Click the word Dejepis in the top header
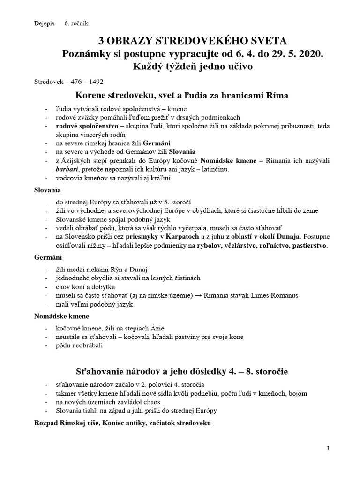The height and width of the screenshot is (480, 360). [44, 22]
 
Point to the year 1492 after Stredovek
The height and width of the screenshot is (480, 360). [96, 81]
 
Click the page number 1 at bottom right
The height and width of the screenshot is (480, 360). [329, 449]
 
